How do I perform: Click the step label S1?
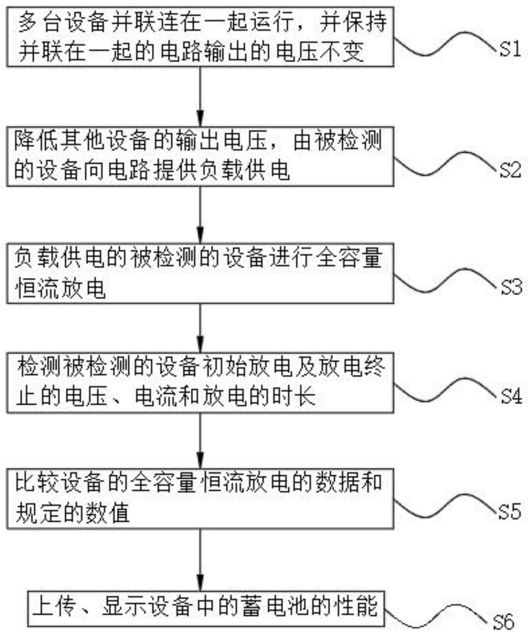pos(510,49)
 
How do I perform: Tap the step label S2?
pos(510,171)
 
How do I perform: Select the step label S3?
pos(511,287)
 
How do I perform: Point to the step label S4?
pos(511,396)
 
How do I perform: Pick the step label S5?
pos(510,512)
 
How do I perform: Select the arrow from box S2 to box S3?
pos(200,215)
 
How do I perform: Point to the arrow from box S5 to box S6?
pos(200,559)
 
